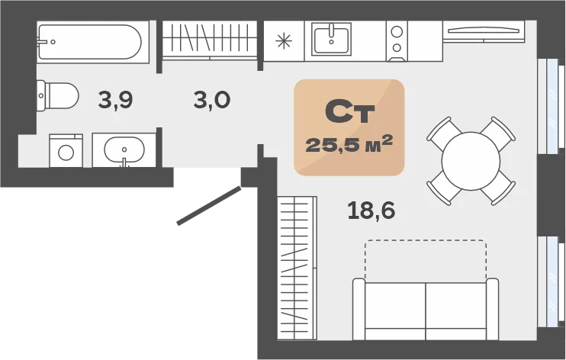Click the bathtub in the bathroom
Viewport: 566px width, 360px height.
[x=93, y=42]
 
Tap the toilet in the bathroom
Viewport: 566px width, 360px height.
[x=57, y=95]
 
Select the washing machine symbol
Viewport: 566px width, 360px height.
[x=66, y=151]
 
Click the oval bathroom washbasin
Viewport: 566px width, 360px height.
[x=124, y=150]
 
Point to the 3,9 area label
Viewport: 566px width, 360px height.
[x=115, y=100]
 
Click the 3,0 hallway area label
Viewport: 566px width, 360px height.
[x=212, y=100]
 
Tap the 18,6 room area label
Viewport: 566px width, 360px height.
[x=371, y=211]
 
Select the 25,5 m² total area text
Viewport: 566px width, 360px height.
[x=349, y=143]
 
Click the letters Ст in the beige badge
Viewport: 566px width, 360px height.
[x=350, y=112]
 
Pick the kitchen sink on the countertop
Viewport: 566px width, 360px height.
[x=331, y=39]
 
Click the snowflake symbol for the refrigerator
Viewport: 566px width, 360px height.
[x=284, y=40]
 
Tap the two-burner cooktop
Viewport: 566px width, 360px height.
[x=397, y=41]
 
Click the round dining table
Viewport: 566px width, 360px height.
[x=471, y=161]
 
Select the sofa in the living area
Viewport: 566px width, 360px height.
[x=426, y=309]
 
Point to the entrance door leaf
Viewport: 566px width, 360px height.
[x=209, y=206]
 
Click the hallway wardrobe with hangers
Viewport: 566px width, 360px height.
[x=210, y=40]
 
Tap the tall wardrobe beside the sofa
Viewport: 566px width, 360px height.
[x=297, y=268]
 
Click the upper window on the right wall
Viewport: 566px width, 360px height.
[x=551, y=106]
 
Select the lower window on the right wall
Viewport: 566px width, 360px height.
[x=551, y=281]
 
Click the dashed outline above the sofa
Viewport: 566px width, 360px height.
[x=426, y=241]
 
